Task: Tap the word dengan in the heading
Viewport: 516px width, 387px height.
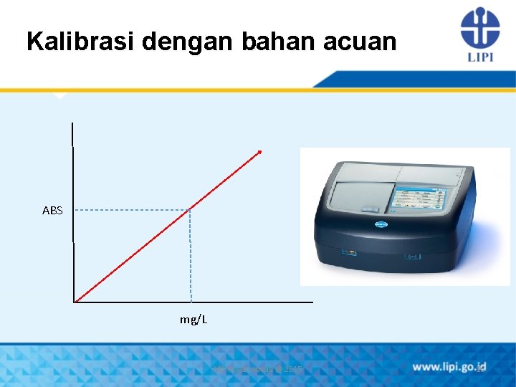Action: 186,42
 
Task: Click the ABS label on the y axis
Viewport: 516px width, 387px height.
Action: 52,211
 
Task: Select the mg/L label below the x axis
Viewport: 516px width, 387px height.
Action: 193,319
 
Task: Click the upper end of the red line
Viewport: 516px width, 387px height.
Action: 260,152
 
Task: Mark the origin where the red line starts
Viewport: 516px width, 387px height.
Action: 75,302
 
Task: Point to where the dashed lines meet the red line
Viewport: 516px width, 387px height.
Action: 190,210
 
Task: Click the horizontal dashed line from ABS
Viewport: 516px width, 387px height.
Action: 129,210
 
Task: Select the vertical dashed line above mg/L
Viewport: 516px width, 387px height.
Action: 191,258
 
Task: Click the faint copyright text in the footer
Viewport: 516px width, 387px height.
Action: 258,369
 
